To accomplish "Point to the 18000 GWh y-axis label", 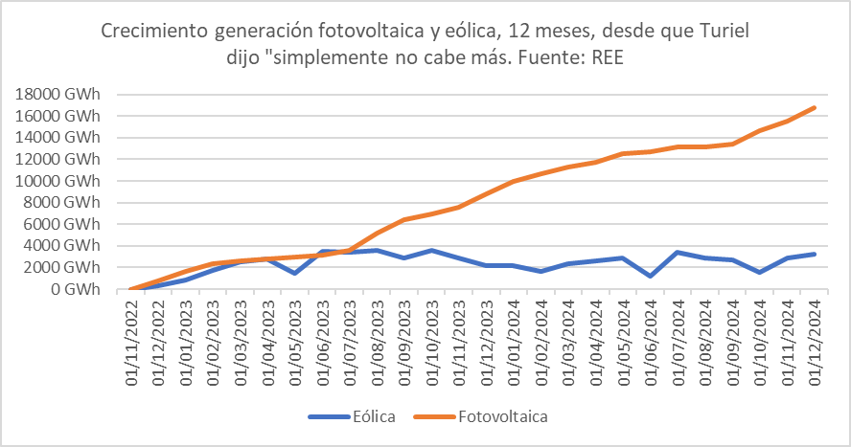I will pyautogui.click(x=58, y=94).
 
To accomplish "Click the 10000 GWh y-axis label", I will pyautogui.click(x=58, y=181).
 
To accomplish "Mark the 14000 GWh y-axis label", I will pyautogui.click(x=58, y=137).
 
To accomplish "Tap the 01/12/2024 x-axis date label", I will pyautogui.click(x=815, y=343).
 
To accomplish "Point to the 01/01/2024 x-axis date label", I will pyautogui.click(x=515, y=343).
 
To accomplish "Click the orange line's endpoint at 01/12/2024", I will pyautogui.click(x=815, y=107).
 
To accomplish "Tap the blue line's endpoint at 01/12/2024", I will pyautogui.click(x=815, y=254).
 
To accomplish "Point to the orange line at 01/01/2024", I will pyautogui.click(x=515, y=181).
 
